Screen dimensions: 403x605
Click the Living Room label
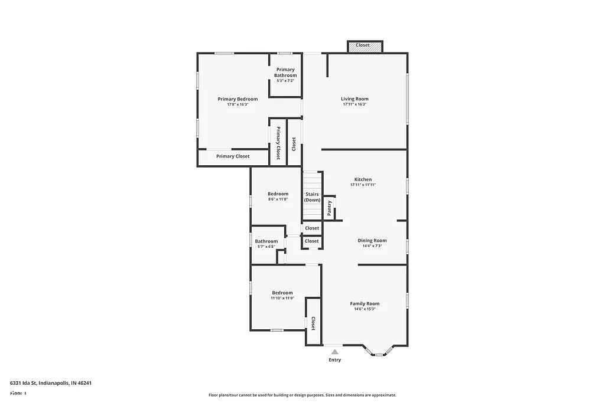pos(354,99)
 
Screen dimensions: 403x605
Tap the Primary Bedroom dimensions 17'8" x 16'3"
pos(238,104)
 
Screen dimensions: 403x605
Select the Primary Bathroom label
pos(285,73)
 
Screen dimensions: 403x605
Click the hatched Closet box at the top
pos(363,45)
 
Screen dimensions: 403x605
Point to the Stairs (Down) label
pos(312,197)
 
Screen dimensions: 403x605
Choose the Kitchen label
pos(363,179)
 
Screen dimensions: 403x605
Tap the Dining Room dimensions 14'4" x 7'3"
pos(372,246)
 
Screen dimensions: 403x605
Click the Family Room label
pos(365,303)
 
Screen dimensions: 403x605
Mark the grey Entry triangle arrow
pos(334,352)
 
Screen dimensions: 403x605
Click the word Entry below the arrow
pos(334,360)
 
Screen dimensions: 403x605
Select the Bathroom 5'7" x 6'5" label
pos(266,241)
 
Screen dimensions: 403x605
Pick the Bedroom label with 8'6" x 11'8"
pos(278,194)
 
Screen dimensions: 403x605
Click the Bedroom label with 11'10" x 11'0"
pos(282,293)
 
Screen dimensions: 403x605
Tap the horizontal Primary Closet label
pos(232,156)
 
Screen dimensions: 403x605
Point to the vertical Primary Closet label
pos(278,143)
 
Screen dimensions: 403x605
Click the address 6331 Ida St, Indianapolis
pos(51,382)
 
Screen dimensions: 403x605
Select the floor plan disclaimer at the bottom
pos(302,395)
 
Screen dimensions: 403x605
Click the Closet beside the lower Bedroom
pos(313,323)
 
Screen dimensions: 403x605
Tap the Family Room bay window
pos(378,352)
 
